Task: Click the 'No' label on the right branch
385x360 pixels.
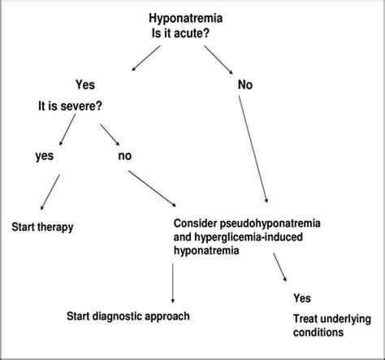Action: point(244,84)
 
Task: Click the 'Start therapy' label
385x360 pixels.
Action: point(42,227)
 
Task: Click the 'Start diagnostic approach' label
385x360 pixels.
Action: point(130,314)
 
